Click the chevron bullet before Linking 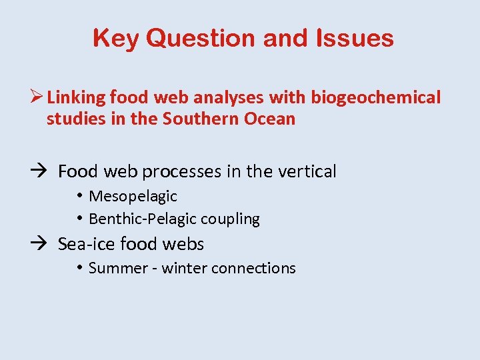point(37,97)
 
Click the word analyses point(227,98)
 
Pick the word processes point(181,172)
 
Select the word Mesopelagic point(133,196)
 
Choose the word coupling point(231,219)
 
